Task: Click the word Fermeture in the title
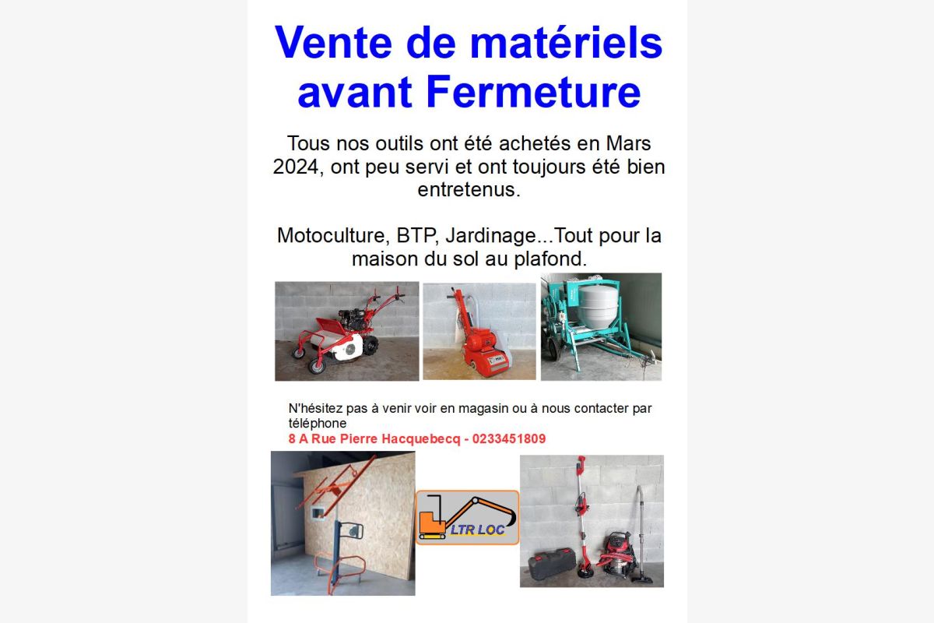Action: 533,93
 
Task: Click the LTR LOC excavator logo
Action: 467,517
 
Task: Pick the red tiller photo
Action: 346,331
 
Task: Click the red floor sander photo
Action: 479,331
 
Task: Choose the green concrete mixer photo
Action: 601,326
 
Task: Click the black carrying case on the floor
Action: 552,560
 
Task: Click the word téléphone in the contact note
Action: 318,423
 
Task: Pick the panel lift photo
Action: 342,523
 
